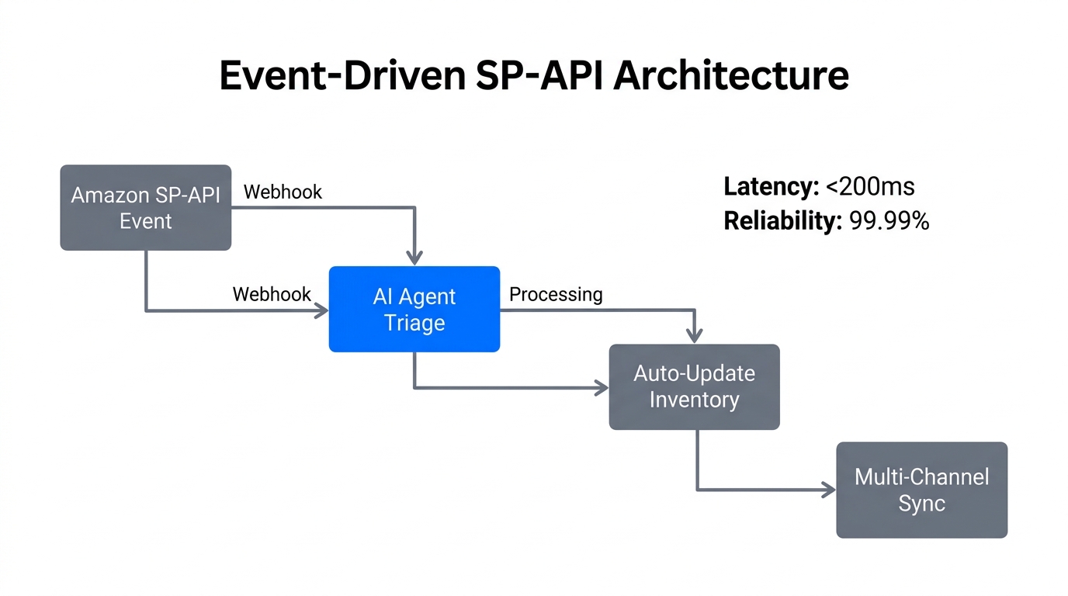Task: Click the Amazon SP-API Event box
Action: click(x=146, y=207)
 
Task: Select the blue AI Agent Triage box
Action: click(x=414, y=309)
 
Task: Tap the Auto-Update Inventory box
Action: click(x=694, y=386)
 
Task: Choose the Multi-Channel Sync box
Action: click(x=921, y=490)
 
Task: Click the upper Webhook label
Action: click(x=283, y=192)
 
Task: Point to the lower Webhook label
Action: click(x=272, y=294)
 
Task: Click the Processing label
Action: click(x=556, y=294)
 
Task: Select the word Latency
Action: click(x=771, y=187)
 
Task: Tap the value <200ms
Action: click(x=870, y=187)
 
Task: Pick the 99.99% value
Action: click(x=889, y=221)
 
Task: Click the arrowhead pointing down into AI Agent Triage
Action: click(x=415, y=258)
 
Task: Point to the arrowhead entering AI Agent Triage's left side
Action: click(x=321, y=311)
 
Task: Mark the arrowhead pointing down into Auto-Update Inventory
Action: click(x=695, y=335)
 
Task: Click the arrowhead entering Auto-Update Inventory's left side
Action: click(x=601, y=387)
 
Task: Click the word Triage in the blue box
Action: click(x=414, y=323)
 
